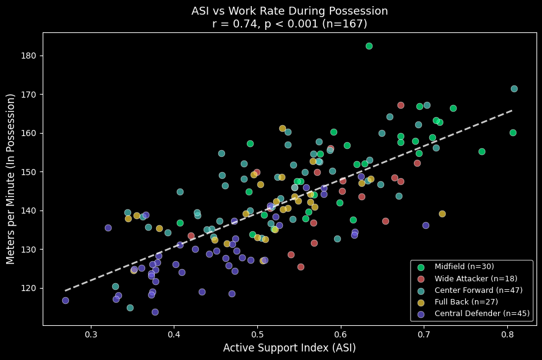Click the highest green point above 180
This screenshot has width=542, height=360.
(369, 46)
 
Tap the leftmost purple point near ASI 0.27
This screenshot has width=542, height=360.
(65, 300)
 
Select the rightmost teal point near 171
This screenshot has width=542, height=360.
(514, 88)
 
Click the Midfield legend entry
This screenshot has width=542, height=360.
(464, 267)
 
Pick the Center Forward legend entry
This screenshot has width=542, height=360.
(478, 290)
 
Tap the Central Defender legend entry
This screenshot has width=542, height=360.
(482, 314)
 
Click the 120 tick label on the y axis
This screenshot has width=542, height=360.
(30, 288)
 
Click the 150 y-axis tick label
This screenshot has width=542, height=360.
(30, 172)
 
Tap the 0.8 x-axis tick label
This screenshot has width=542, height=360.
(507, 334)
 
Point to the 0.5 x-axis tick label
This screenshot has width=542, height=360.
(258, 334)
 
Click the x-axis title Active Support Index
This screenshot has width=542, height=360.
(289, 348)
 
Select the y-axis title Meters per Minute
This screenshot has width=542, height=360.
(11, 179)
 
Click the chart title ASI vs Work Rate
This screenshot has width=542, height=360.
(289, 11)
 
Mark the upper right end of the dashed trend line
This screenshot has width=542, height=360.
(512, 110)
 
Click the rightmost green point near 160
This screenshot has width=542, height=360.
(513, 132)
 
